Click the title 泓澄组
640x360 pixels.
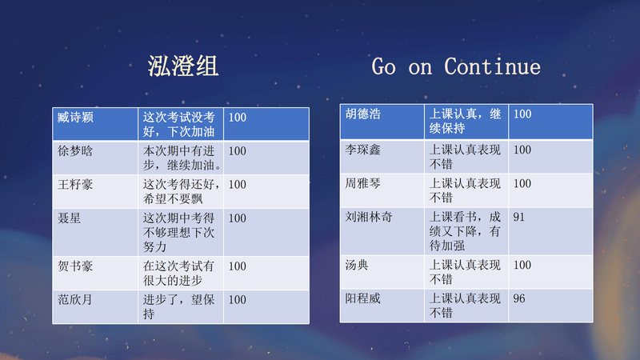[x=183, y=66]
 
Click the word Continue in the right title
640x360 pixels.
[x=492, y=66]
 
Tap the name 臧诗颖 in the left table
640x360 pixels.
[x=75, y=118]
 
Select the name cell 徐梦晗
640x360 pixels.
[x=75, y=151]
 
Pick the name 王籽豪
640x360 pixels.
[x=75, y=185]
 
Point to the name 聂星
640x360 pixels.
[x=70, y=218]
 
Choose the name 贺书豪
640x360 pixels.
[x=75, y=266]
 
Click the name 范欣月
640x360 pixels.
[x=75, y=300]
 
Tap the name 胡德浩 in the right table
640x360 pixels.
[x=363, y=114]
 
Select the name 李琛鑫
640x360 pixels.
[x=363, y=150]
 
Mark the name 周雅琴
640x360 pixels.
[x=363, y=184]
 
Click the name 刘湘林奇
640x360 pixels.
[x=369, y=217]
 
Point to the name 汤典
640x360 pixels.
[x=357, y=266]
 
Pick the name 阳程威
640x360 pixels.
[x=363, y=298]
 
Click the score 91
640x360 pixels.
[x=518, y=217]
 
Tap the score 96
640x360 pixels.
[x=519, y=298]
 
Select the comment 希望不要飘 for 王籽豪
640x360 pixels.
[x=173, y=199]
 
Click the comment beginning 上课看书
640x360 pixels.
[x=465, y=231]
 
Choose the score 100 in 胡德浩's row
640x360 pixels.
[x=522, y=114]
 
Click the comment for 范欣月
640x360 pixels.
[x=178, y=307]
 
